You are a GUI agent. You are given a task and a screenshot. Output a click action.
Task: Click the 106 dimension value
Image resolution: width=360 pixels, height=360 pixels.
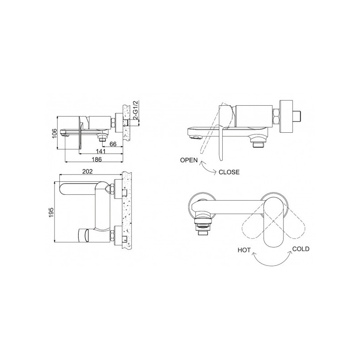[54, 133]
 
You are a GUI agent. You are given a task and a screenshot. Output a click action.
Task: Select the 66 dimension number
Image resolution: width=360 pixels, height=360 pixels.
[113, 144]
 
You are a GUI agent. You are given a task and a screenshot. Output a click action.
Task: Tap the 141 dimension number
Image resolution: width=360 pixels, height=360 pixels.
[100, 151]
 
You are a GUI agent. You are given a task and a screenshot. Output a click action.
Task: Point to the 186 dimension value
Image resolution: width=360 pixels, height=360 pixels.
[97, 159]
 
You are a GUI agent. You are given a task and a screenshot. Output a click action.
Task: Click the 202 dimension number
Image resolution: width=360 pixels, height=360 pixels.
[87, 171]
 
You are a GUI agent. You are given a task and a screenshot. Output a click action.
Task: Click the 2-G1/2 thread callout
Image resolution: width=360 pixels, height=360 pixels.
[136, 110]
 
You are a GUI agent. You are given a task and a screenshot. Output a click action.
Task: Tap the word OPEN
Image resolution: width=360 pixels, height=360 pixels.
[189, 160]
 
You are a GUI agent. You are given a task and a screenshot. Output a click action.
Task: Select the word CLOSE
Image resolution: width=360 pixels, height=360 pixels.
[229, 172]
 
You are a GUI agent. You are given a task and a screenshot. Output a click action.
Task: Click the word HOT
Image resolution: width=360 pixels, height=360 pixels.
[244, 250]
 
